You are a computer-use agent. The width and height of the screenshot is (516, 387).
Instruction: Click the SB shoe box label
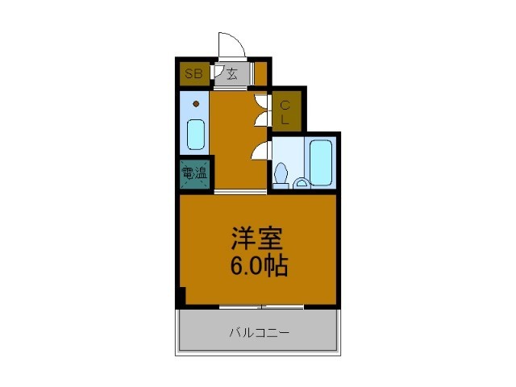point(193,75)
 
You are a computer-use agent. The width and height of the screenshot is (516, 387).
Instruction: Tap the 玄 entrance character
point(231,75)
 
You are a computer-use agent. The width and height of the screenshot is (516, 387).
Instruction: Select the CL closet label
point(285,111)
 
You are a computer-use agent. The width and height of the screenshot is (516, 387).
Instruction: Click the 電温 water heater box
point(193,172)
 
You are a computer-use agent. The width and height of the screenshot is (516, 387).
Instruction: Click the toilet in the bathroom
point(281,173)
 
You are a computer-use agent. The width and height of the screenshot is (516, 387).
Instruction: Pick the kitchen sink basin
point(196,134)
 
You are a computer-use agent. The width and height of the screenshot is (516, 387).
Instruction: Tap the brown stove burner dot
point(196,104)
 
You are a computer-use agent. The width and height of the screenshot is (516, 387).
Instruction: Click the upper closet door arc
point(260,102)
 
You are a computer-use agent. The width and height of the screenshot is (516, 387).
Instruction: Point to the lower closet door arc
point(260,119)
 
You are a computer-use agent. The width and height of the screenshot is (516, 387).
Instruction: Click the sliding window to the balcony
point(260,306)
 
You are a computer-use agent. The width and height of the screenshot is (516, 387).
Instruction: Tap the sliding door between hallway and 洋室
point(240,192)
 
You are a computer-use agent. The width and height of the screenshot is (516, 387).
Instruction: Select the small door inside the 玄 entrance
point(218,73)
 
